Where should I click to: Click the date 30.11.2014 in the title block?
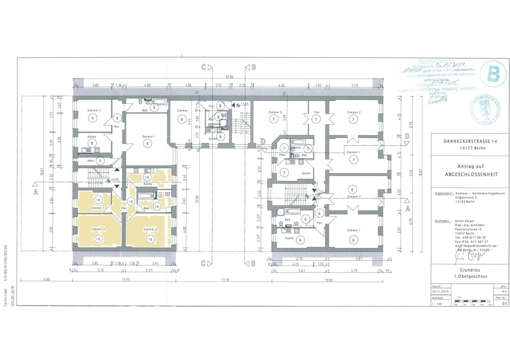coord(443,291)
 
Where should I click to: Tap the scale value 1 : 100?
coord(437,303)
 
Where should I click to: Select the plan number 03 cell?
coord(504,303)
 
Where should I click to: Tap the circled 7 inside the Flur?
coord(317,119)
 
